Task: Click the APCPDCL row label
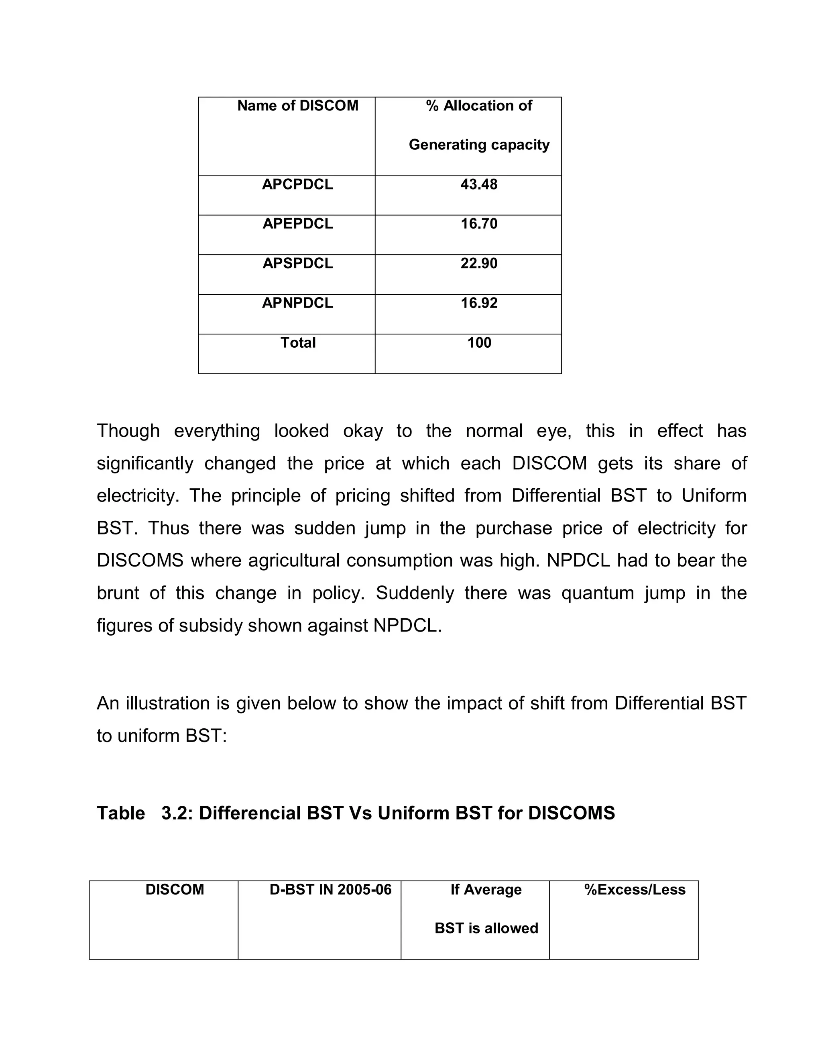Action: point(297,185)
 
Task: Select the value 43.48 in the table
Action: point(479,185)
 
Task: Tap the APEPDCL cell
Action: point(297,224)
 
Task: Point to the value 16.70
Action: point(479,224)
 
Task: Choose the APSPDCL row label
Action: point(297,263)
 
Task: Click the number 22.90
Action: point(479,263)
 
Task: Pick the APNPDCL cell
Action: point(297,303)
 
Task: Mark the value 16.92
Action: point(479,303)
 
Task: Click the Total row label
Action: point(297,342)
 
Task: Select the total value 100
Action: point(479,342)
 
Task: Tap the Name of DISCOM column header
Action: point(297,106)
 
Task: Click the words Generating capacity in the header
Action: point(479,145)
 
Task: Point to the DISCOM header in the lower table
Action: point(174,890)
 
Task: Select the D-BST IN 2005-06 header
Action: point(330,890)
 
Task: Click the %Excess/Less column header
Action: point(635,890)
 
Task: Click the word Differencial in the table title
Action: point(250,813)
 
